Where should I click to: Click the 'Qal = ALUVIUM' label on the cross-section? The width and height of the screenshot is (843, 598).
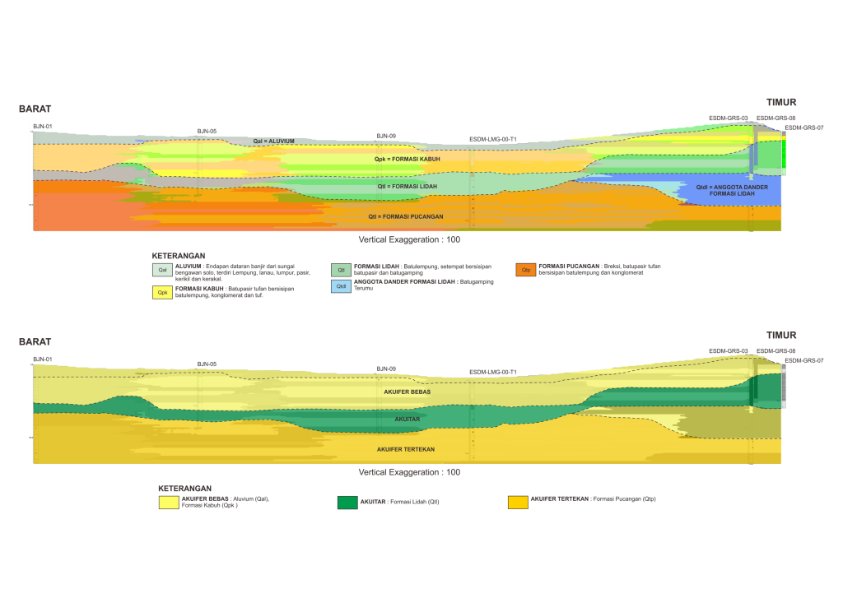pyautogui.click(x=274, y=141)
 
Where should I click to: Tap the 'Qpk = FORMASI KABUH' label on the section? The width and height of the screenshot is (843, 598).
pyautogui.click(x=407, y=159)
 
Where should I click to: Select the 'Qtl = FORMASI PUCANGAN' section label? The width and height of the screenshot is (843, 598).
pyautogui.click(x=406, y=216)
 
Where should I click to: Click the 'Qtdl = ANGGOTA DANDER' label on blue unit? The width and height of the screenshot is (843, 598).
pyautogui.click(x=732, y=189)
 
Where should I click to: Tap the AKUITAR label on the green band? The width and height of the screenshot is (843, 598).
pyautogui.click(x=407, y=419)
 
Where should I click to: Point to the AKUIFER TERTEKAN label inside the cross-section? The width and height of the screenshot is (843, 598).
pyautogui.click(x=406, y=449)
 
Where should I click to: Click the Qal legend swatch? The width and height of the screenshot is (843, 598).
pyautogui.click(x=162, y=269)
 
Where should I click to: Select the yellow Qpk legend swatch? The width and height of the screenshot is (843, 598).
pyautogui.click(x=162, y=292)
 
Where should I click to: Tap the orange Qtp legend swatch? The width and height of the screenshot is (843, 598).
pyautogui.click(x=525, y=269)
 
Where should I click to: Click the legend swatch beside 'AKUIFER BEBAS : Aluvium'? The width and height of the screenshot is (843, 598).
pyautogui.click(x=169, y=503)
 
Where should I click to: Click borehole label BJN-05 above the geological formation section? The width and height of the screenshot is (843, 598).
pyautogui.click(x=207, y=132)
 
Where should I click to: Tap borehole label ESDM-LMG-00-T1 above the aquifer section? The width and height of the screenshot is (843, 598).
pyautogui.click(x=492, y=373)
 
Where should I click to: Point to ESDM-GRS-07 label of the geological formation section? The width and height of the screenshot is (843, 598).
pyautogui.click(x=803, y=127)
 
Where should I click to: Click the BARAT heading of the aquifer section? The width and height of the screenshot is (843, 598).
pyautogui.click(x=35, y=342)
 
